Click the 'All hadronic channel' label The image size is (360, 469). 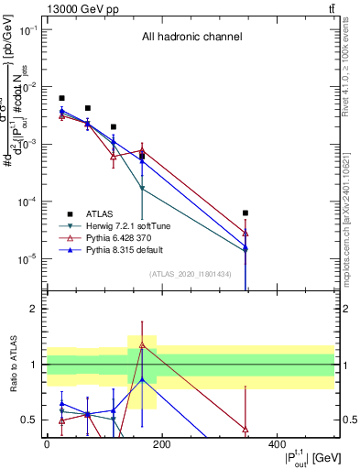(x=191, y=38)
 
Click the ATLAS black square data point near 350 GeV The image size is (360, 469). (x=245, y=213)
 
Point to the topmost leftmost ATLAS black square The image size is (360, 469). (x=61, y=98)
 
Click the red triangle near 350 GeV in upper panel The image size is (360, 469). (x=245, y=233)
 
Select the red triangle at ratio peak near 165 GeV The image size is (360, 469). (x=142, y=344)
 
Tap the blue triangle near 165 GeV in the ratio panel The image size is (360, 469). (x=142, y=378)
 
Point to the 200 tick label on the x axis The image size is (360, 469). (x=161, y=444)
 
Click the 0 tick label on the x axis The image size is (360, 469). (x=47, y=444)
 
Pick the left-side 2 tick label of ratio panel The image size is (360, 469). (x=34, y=310)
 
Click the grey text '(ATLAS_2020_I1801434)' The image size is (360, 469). (x=190, y=274)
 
